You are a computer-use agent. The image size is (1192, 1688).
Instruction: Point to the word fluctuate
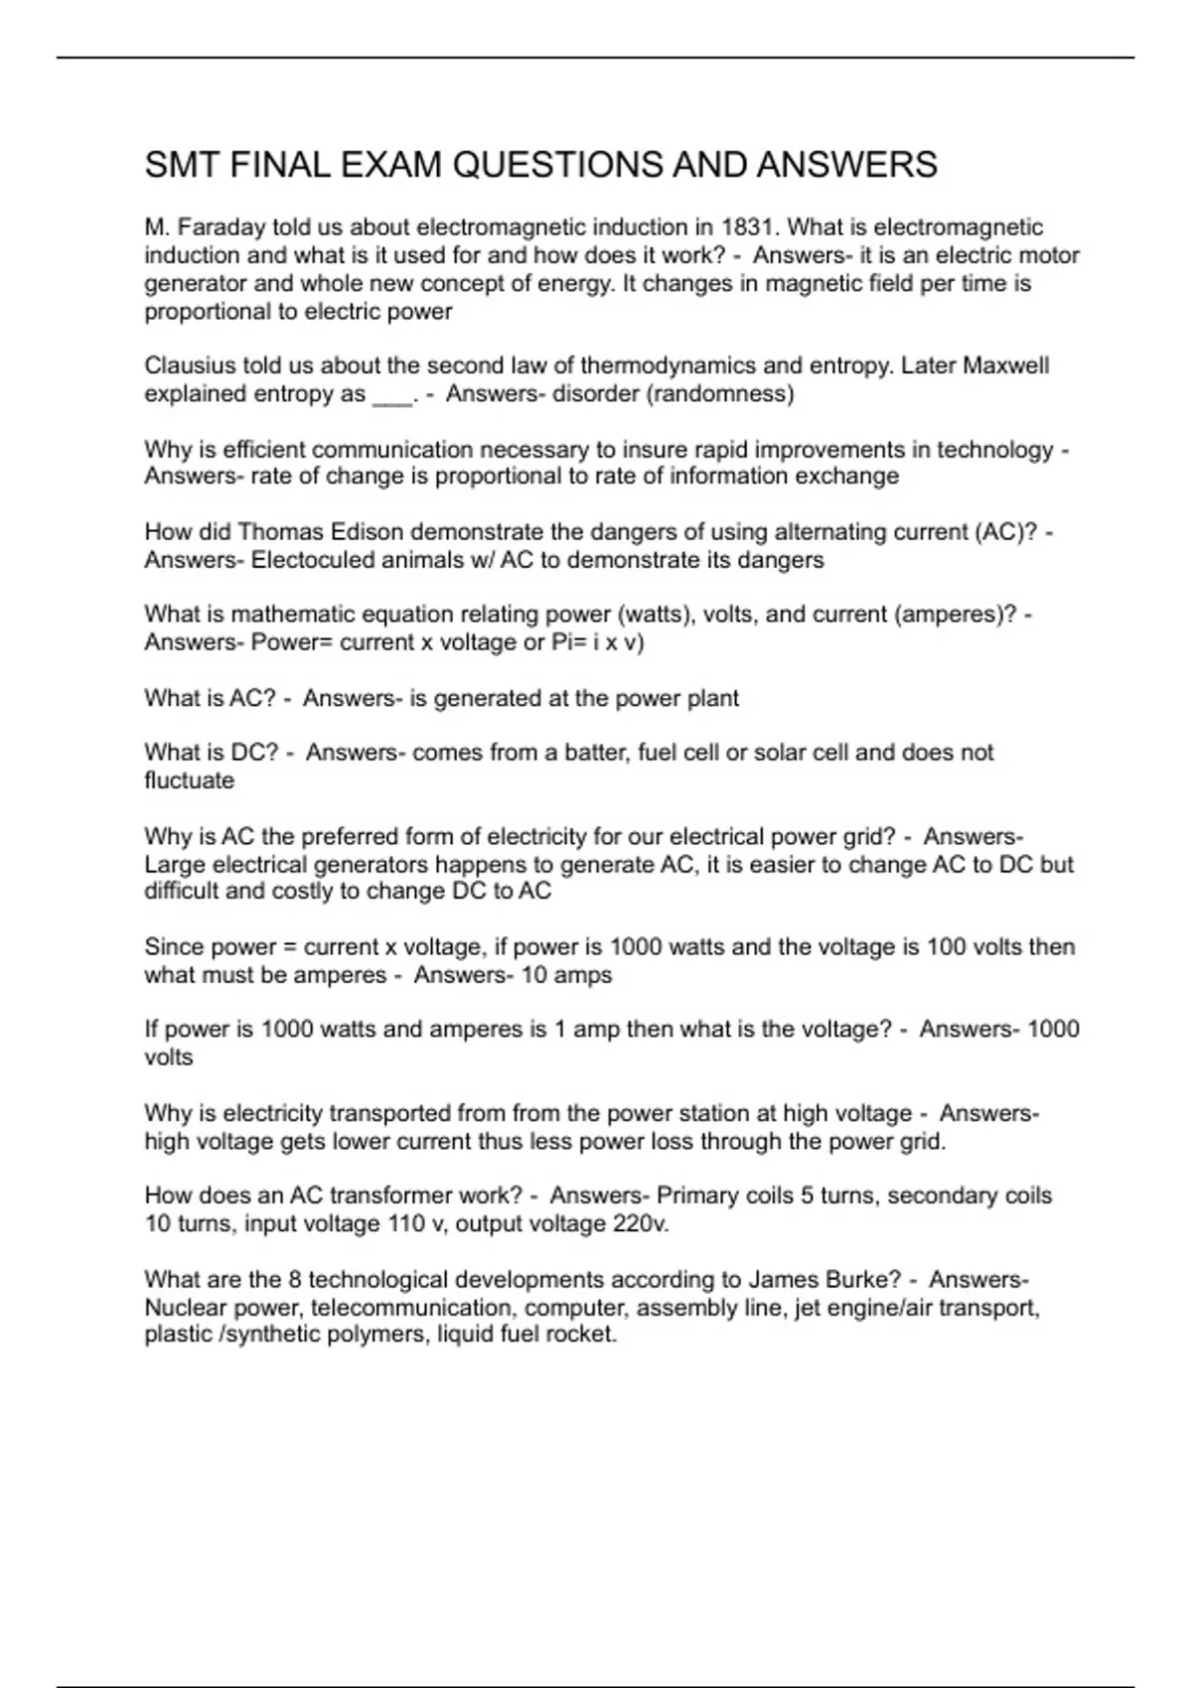pos(190,780)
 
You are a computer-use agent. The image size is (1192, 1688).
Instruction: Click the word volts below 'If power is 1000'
pos(169,1057)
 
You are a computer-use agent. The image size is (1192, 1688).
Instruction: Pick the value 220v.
pos(641,1223)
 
